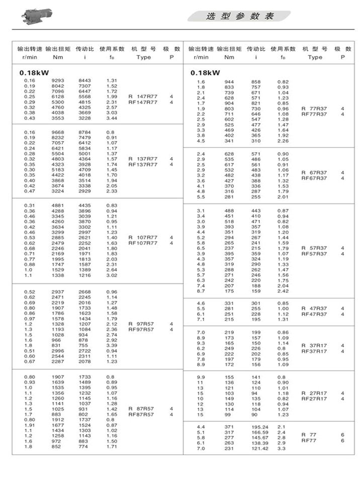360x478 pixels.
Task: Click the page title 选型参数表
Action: tap(240, 16)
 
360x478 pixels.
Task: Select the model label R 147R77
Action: tap(143, 96)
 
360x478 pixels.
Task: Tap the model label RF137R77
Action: tap(143, 165)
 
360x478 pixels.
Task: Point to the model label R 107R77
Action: tap(143, 237)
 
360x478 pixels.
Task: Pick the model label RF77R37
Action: tap(314, 114)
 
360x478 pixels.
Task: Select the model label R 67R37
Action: tap(314, 173)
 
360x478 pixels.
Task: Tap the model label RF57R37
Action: tap(314, 254)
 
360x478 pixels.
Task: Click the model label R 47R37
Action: tap(314, 308)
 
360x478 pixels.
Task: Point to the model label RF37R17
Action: tap(314, 351)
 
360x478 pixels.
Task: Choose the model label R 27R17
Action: tap(314, 393)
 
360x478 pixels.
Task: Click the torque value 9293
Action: tap(59, 81)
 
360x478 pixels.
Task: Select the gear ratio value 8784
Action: tap(85, 132)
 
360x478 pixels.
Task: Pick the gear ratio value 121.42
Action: tap(258, 448)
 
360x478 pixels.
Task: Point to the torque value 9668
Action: tap(59, 132)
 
